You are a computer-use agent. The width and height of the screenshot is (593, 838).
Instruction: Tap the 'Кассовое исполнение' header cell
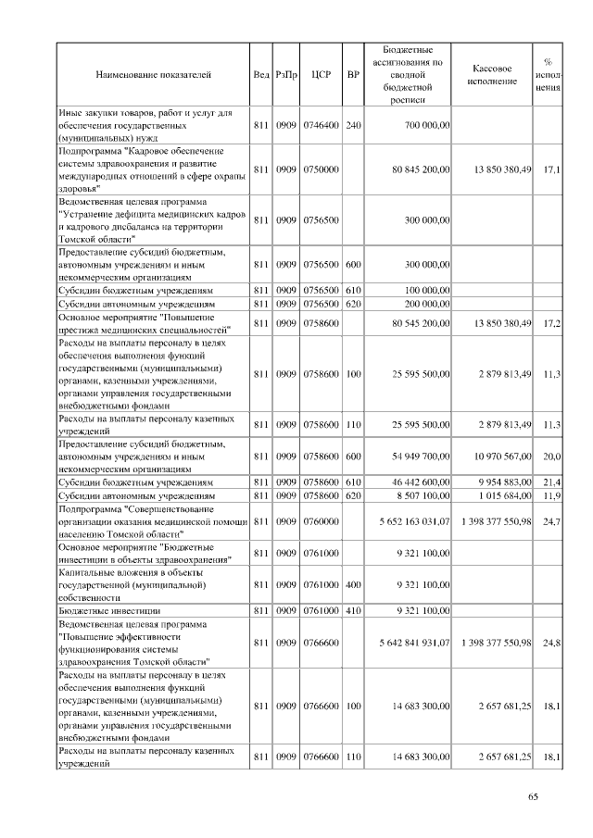click(492, 74)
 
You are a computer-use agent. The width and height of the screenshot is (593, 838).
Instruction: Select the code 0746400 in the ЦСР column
click(322, 124)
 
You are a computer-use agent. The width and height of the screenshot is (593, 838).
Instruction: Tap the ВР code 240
click(352, 124)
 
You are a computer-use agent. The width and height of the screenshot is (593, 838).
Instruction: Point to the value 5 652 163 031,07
click(414, 522)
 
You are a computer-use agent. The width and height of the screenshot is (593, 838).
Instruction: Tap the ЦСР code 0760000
click(322, 522)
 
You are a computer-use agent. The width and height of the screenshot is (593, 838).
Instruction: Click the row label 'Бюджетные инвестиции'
click(110, 611)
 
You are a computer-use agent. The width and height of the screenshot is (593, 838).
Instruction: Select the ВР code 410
click(352, 611)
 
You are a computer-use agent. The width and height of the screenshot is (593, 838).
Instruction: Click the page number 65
click(533, 798)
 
